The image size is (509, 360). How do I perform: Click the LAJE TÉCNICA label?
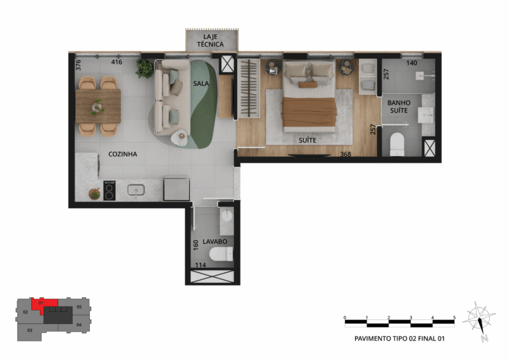(211, 41)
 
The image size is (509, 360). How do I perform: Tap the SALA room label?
(201, 83)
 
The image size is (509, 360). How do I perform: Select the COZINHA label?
(123, 154)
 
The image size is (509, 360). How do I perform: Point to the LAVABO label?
(215, 242)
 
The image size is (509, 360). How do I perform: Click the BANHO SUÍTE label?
(399, 107)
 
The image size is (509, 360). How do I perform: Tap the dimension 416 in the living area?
(117, 62)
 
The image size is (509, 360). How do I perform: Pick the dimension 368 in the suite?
(345, 154)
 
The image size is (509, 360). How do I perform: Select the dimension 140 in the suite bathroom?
(412, 63)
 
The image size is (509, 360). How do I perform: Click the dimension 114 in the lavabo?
(201, 265)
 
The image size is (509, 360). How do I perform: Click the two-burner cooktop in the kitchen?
(109, 191)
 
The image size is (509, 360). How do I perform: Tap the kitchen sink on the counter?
(136, 190)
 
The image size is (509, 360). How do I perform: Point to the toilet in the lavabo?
(221, 254)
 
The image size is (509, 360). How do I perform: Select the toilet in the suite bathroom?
(397, 144)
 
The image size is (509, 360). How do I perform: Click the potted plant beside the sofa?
(145, 68)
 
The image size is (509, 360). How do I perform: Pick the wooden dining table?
(98, 106)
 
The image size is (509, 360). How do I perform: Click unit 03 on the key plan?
(29, 331)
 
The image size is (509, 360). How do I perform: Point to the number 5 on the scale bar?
(454, 317)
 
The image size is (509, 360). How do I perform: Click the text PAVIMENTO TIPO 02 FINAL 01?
(399, 339)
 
